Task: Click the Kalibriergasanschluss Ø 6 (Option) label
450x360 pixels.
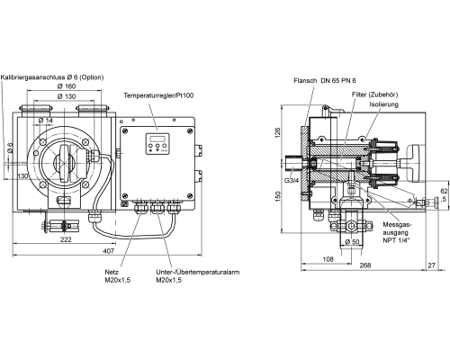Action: click(52, 77)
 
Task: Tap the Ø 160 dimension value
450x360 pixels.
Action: click(67, 86)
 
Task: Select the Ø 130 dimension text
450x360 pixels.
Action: click(67, 96)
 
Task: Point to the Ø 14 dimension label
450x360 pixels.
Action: click(46, 121)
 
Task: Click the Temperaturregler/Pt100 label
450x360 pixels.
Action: click(158, 95)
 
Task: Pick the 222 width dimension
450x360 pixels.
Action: click(66, 239)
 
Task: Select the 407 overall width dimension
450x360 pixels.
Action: click(109, 251)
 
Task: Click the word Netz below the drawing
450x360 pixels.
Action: click(112, 273)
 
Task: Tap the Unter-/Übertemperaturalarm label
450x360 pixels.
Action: click(198, 273)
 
